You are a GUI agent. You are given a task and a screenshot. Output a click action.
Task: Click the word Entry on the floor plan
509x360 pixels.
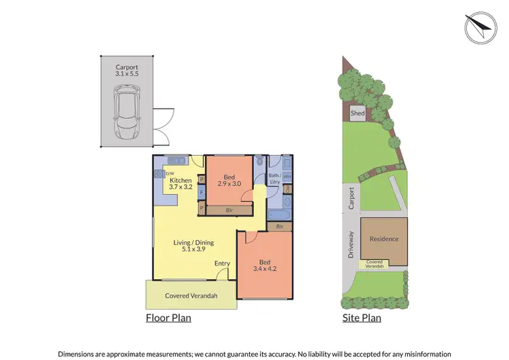(222, 264)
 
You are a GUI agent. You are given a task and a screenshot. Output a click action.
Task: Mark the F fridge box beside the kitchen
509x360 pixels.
(201, 193)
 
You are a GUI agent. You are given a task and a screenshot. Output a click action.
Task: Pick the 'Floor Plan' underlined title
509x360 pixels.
(168, 317)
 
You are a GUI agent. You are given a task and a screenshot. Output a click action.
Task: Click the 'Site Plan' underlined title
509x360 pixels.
(362, 317)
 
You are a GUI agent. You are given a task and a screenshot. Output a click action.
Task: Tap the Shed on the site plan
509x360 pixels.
(357, 113)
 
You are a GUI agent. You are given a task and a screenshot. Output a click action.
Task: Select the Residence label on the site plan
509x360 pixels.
(384, 239)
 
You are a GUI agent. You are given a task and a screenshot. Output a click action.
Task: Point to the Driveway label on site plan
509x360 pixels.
(351, 245)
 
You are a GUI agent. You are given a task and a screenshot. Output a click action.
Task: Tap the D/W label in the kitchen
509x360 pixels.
(170, 174)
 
